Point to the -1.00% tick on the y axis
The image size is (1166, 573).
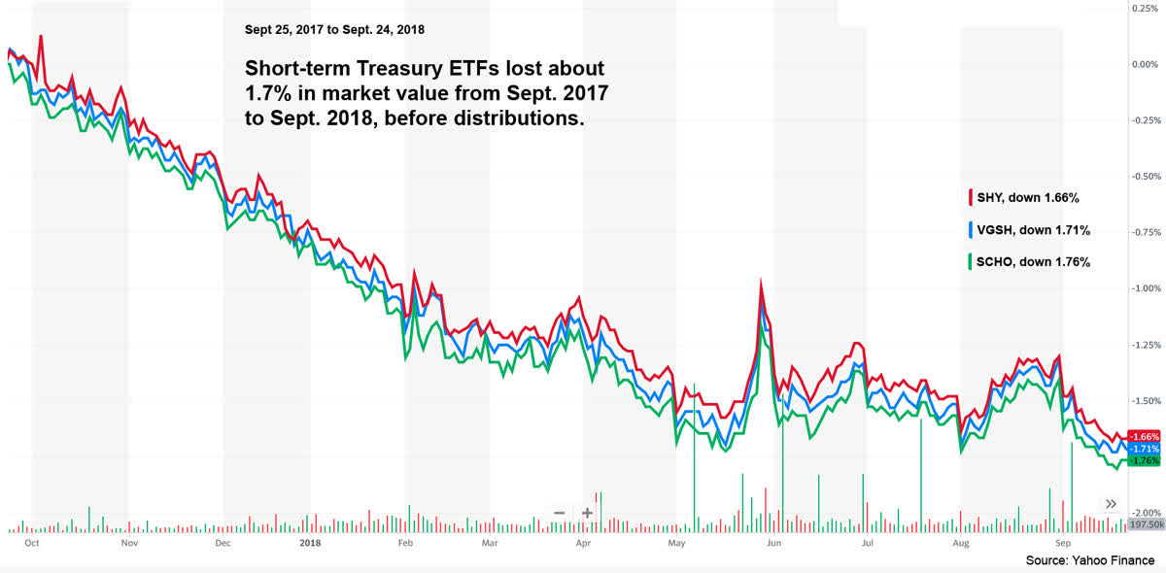click(1146, 288)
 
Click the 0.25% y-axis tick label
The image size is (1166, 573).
click(1148, 9)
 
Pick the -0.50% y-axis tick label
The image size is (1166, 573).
click(1146, 177)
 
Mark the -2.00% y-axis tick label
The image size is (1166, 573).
click(1146, 513)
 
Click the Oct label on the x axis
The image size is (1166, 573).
click(31, 545)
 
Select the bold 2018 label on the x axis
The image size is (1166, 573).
click(312, 545)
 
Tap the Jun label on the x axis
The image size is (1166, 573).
click(773, 545)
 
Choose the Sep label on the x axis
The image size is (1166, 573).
click(1063, 545)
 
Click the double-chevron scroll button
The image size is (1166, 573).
click(1112, 503)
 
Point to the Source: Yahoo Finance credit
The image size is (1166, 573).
click(1090, 561)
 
